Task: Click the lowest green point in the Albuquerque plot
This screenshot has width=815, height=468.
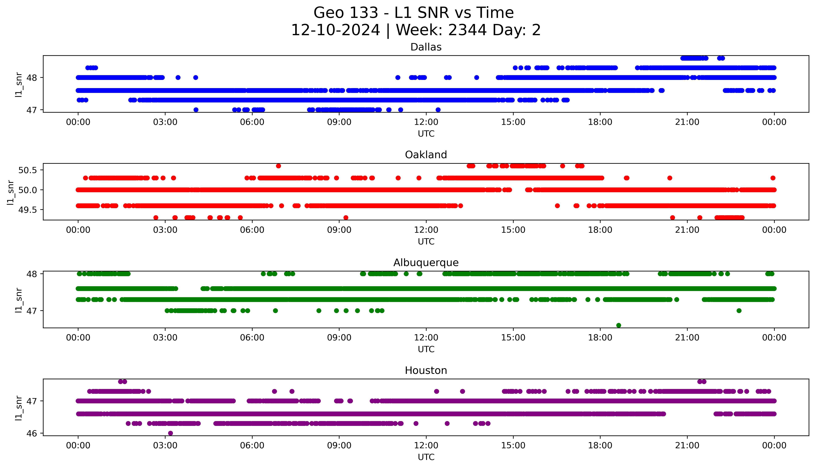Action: tap(619, 325)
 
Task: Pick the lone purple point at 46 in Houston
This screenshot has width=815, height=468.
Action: tap(170, 433)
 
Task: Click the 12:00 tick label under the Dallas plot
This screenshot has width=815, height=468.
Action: tap(426, 122)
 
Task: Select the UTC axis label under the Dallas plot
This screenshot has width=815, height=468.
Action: tap(426, 134)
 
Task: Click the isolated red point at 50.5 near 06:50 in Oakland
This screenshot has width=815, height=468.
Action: tap(278, 166)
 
